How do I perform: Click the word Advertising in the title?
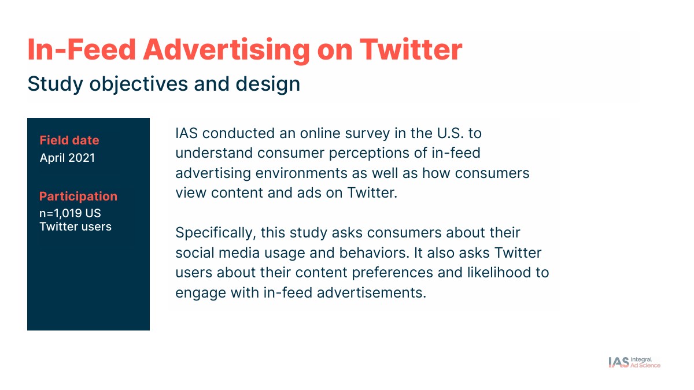coord(226,50)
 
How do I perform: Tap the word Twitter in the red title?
coord(411,50)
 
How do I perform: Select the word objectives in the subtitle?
coord(138,84)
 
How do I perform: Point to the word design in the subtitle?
coord(268,84)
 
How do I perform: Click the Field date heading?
coord(69,140)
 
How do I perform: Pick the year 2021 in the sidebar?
coord(82,158)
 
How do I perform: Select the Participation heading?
coord(79,196)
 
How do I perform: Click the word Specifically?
coord(216,233)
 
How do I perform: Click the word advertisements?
coord(371,293)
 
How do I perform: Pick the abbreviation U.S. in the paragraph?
coord(450,133)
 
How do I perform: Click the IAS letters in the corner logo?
coord(619,362)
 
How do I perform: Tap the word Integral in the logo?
coord(641,359)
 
